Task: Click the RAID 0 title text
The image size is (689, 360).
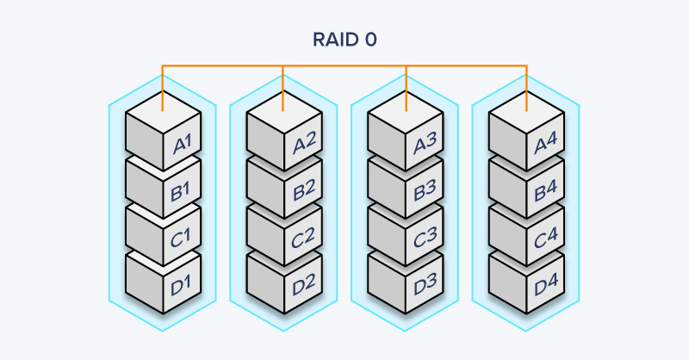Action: (344, 40)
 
